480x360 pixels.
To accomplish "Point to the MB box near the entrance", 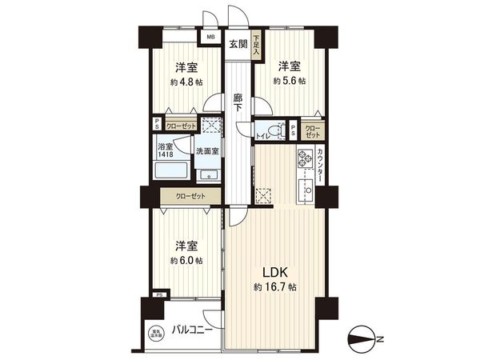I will [x=211, y=37].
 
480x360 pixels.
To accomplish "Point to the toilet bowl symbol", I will [x=274, y=129].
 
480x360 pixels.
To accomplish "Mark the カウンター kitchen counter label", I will [x=319, y=166].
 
